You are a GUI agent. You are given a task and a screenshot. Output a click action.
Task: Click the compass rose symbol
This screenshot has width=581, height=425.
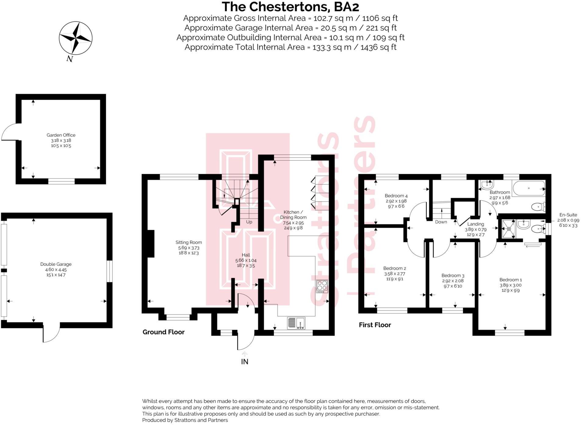75,38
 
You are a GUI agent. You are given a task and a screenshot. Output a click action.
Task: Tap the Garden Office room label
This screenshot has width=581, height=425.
61,135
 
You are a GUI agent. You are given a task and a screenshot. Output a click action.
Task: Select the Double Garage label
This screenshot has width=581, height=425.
56,264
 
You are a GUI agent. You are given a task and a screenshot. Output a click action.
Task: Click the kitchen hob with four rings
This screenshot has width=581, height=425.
322,286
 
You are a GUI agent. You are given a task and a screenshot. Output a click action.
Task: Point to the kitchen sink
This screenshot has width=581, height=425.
296,323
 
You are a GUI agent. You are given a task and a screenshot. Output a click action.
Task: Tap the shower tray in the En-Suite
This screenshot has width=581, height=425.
508,228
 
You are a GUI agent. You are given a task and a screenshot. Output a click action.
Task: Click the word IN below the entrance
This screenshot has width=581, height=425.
244,362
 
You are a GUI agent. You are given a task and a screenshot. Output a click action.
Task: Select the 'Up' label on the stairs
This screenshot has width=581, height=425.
249,222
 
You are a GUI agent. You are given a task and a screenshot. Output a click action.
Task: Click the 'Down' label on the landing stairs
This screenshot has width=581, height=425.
441,222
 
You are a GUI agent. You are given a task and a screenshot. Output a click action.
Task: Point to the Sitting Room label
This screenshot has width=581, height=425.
189,242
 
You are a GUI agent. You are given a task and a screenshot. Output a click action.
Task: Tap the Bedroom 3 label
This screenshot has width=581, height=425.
453,276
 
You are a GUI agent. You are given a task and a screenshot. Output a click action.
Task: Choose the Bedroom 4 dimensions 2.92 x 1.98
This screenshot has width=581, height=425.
396,201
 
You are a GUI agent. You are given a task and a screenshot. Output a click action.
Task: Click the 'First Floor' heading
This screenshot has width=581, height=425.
375,325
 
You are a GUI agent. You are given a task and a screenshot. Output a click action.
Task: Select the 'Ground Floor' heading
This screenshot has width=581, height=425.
164,332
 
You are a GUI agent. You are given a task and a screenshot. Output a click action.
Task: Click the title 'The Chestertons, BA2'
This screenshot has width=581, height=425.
290,7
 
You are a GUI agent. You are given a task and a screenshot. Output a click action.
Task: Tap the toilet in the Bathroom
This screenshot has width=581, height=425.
538,207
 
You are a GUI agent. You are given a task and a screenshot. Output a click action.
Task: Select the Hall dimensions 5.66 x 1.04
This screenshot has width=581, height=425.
246,260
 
